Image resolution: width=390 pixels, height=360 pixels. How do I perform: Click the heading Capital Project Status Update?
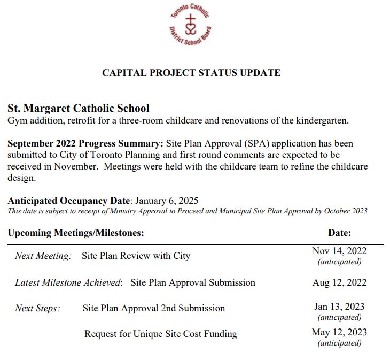tap(191, 73)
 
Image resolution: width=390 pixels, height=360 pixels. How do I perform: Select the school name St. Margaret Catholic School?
tap(79, 108)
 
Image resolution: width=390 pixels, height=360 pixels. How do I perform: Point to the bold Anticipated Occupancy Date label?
tap(69, 201)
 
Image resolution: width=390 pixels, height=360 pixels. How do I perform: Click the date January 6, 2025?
tap(167, 201)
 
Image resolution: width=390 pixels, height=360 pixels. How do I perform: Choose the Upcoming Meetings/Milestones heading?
tap(76, 233)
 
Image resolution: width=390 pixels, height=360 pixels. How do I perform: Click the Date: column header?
tap(339, 233)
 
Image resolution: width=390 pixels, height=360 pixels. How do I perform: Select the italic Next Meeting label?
tap(43, 256)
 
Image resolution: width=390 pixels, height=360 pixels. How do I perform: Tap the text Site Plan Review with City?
tap(136, 256)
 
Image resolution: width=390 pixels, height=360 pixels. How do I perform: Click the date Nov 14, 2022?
tap(339, 251)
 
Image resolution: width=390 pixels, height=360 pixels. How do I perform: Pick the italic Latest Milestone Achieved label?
tap(68, 282)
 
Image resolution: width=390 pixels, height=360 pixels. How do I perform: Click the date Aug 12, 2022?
tap(339, 282)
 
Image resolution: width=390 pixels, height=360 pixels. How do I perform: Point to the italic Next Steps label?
tap(37, 308)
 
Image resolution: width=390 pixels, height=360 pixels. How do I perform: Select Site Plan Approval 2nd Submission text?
tap(154, 308)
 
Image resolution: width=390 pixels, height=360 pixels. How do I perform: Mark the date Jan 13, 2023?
tap(339, 307)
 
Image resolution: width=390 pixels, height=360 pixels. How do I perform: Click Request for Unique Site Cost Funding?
tap(160, 334)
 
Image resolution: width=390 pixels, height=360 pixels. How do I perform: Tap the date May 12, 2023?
tap(339, 332)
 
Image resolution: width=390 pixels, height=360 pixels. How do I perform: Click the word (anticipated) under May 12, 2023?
tap(339, 343)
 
